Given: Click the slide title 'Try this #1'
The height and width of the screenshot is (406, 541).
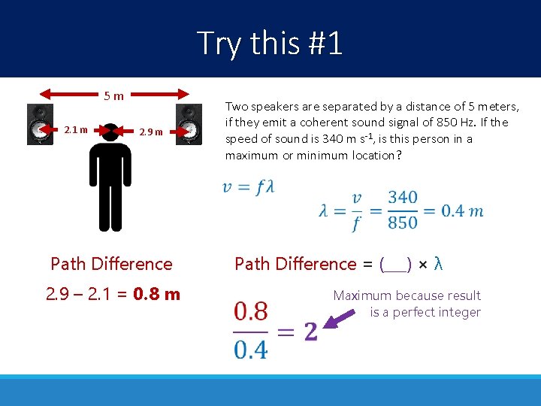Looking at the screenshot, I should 270,43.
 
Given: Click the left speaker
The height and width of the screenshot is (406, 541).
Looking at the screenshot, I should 40,124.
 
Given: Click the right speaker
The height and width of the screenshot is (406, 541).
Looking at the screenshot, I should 189,124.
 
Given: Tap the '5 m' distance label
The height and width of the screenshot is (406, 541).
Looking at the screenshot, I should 114,95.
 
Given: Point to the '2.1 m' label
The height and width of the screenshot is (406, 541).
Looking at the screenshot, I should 76,130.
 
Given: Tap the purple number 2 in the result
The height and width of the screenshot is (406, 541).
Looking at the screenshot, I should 310,331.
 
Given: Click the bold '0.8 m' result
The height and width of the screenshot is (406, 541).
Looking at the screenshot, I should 156,294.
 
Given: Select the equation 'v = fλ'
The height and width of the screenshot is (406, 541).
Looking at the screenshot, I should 248,187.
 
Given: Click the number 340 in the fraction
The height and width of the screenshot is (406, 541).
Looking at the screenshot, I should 403,198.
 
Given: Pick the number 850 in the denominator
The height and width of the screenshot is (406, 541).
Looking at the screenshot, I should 403,223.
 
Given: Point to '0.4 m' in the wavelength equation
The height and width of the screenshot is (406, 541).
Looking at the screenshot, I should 461,211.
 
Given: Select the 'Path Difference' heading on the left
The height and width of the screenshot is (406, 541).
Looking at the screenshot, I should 111,264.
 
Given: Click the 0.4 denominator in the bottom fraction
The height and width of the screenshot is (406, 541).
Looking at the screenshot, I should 250,350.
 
